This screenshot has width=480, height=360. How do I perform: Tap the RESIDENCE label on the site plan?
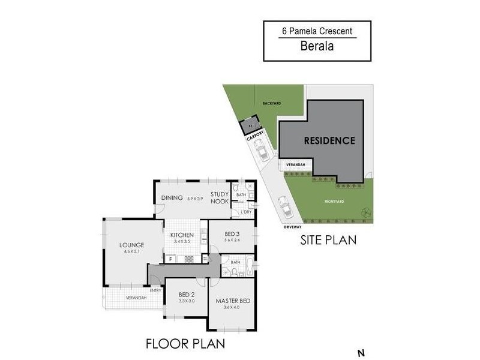(x=329, y=141)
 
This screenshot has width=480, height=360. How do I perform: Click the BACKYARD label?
(x=271, y=104)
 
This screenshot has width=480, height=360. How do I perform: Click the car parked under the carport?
(x=262, y=154)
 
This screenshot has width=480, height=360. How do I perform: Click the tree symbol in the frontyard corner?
(x=364, y=211)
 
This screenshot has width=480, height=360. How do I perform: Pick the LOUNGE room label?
(x=127, y=245)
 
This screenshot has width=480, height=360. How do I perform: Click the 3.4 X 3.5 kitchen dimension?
(x=182, y=241)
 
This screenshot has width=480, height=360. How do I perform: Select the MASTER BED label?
(x=231, y=300)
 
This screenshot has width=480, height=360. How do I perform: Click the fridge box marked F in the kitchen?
(x=171, y=259)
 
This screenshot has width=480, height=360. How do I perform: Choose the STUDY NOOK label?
(x=220, y=198)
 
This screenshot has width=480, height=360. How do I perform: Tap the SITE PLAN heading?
(x=328, y=240)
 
